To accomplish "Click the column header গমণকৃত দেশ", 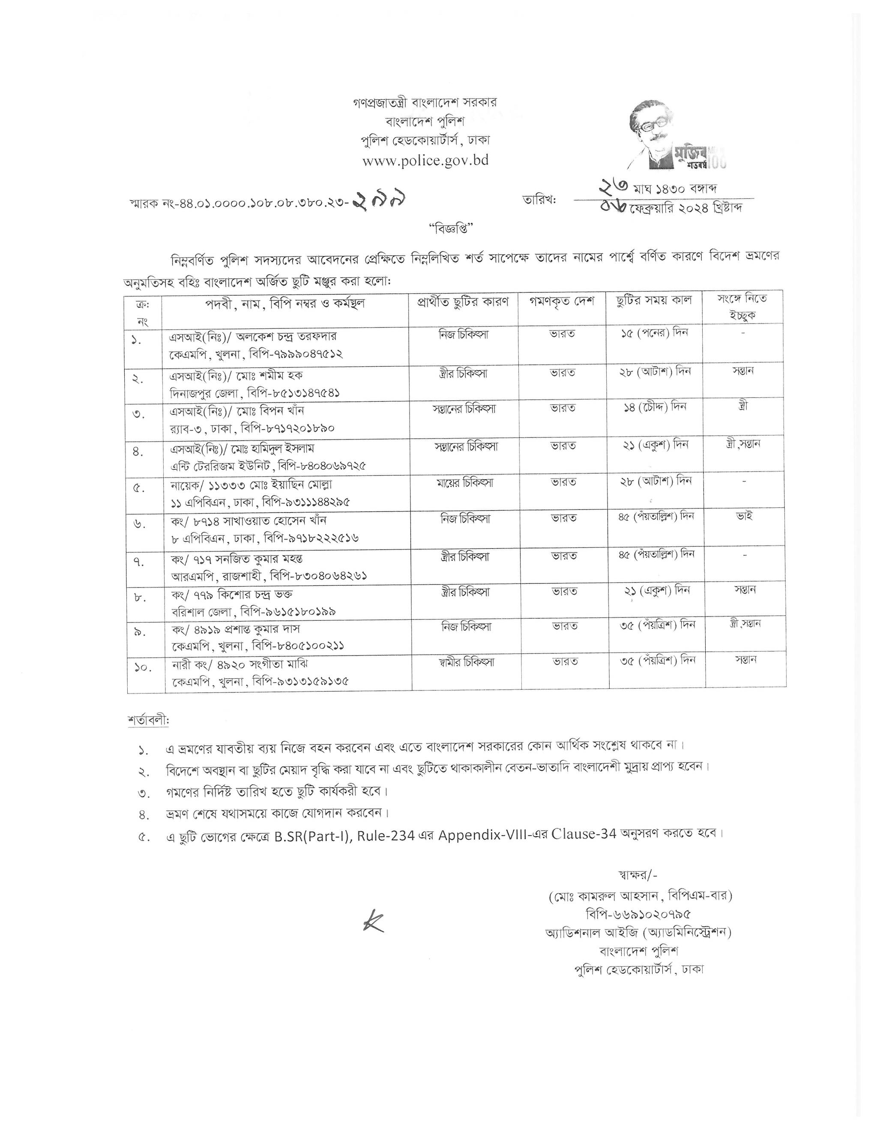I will coord(562,301).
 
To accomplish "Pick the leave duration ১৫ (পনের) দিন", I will coord(655,333).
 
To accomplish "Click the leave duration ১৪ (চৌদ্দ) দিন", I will coord(655,407).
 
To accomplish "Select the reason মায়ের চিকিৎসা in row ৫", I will coord(464,483).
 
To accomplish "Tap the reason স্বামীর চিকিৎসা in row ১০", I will coord(465,662).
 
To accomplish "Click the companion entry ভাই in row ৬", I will coord(744,516).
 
